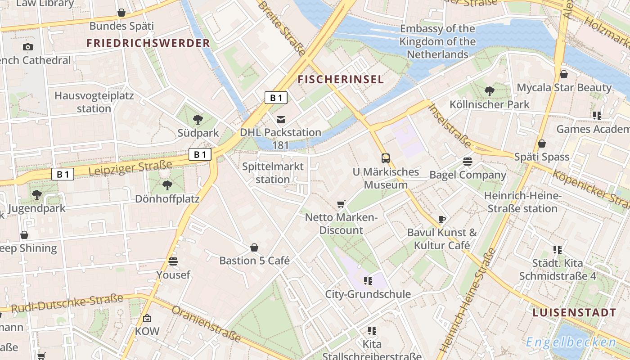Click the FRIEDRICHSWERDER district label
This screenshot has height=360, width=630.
[x=148, y=43]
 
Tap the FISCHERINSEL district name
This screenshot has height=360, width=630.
[x=341, y=80]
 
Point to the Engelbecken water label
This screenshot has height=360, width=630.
[x=571, y=342]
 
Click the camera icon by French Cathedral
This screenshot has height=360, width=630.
[x=27, y=47]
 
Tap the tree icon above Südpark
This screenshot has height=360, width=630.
[x=198, y=119]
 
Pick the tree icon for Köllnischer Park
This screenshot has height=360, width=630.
[x=490, y=91]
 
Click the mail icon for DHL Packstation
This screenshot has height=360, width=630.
[x=281, y=119]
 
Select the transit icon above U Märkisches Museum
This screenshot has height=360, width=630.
[x=386, y=158]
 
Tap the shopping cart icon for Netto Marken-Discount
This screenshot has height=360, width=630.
[x=341, y=204]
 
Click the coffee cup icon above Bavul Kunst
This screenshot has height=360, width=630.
[x=442, y=220]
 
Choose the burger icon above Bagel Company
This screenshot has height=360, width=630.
[x=468, y=162]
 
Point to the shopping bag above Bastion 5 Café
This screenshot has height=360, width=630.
[x=254, y=247]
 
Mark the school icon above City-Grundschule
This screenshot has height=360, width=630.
[x=368, y=281]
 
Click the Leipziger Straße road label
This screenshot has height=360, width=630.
[x=130, y=168]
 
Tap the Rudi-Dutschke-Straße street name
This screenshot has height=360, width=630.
[x=67, y=303]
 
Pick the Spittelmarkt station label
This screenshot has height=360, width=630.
[x=273, y=173]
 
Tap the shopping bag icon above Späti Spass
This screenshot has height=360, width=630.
[x=542, y=144]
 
